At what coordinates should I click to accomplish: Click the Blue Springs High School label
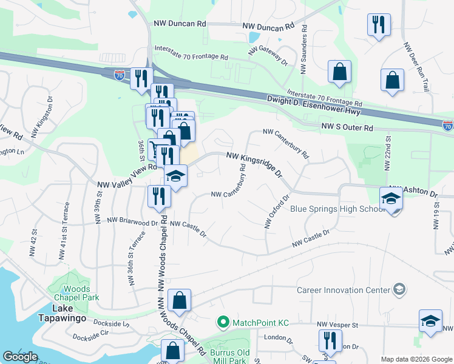pyautogui.click(x=337, y=209)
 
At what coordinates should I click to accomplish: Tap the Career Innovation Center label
pyautogui.click(x=343, y=289)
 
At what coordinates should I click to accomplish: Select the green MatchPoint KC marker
pyautogui.click(x=223, y=321)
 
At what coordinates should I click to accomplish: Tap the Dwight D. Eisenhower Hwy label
pyautogui.click(x=314, y=105)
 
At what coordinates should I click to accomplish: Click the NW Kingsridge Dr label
pyautogui.click(x=255, y=164)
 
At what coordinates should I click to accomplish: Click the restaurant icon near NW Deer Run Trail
pyautogui.click(x=379, y=25)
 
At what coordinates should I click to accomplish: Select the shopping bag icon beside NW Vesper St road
pyautogui.click(x=180, y=300)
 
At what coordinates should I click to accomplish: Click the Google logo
pyautogui.click(x=20, y=357)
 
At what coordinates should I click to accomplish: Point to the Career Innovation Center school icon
pyautogui.click(x=399, y=289)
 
